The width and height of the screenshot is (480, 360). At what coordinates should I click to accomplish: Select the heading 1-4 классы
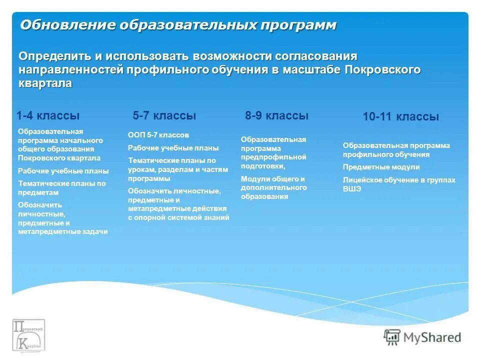coord(48,115)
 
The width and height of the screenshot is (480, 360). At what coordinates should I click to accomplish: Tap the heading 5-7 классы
coord(164,115)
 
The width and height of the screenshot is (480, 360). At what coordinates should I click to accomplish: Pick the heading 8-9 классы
coord(276,115)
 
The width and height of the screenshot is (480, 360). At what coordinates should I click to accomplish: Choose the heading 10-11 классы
coord(400,117)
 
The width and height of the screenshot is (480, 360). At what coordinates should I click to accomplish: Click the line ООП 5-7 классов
coord(158,135)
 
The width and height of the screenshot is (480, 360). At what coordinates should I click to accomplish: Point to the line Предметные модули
coord(381,167)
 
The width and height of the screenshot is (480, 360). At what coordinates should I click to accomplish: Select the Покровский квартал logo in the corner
coord(28,334)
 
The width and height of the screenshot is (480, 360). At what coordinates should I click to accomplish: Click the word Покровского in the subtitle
coord(382,69)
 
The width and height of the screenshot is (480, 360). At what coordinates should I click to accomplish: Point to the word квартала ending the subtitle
coord(45,83)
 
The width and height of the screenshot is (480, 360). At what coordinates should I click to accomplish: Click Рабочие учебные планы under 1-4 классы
coord(63,171)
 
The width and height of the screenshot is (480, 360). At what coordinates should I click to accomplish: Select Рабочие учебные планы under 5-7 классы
coord(173,148)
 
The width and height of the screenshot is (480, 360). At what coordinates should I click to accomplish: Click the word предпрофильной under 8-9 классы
coord(273,157)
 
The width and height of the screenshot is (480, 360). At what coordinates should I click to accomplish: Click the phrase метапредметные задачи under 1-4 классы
coord(63,232)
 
